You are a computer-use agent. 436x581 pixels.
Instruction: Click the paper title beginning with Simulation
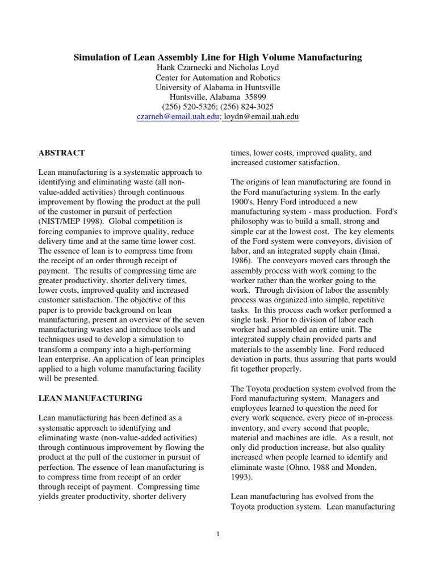[x=218, y=57]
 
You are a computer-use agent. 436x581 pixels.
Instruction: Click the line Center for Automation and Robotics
[x=218, y=78]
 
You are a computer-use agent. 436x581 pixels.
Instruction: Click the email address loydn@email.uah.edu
[x=261, y=117]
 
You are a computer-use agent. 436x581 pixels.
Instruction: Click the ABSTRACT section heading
[x=61, y=153]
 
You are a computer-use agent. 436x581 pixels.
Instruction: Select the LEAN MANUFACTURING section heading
[x=90, y=398]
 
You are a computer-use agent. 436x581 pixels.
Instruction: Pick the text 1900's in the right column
[x=242, y=201]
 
